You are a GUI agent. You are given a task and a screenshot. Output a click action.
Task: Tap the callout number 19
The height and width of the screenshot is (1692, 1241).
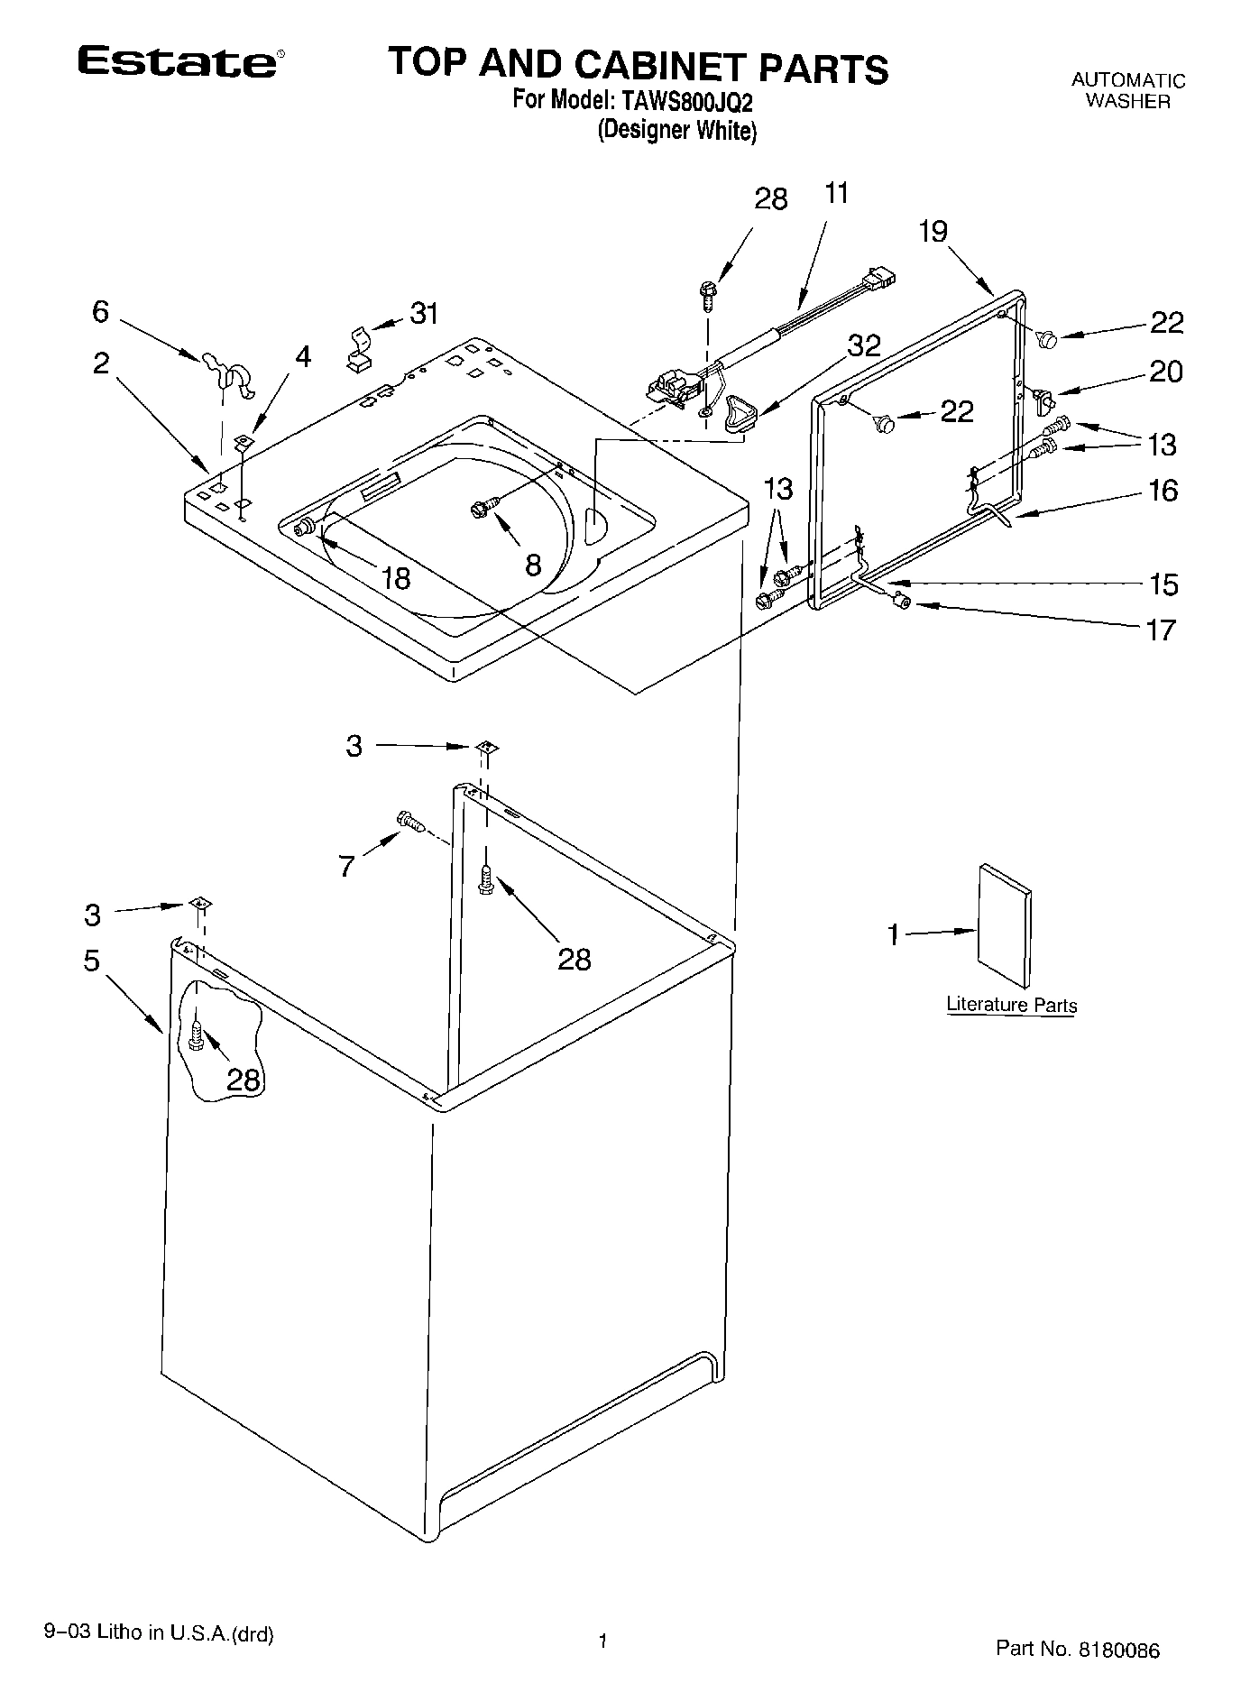click(933, 232)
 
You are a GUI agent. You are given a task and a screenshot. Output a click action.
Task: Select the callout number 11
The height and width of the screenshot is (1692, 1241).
click(836, 193)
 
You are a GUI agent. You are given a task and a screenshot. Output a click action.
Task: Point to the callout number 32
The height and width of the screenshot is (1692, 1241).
click(863, 345)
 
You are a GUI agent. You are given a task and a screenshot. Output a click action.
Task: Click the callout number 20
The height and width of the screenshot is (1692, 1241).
click(1165, 372)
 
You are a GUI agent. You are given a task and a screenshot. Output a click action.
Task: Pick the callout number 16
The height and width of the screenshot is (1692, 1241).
click(1163, 491)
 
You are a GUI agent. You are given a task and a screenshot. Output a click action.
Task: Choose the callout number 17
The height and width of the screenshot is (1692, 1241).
click(1162, 629)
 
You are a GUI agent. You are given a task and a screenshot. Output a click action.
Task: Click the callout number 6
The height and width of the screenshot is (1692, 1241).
click(100, 312)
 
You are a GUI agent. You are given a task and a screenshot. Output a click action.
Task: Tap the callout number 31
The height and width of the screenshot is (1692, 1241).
click(424, 314)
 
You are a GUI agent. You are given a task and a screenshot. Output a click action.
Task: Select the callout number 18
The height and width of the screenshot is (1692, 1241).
click(396, 578)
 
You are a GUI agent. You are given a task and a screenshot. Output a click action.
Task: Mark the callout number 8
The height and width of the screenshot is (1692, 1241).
click(533, 566)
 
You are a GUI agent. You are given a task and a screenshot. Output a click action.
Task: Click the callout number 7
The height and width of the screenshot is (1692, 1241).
click(347, 867)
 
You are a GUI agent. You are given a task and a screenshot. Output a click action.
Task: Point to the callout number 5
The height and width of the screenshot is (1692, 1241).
click(92, 961)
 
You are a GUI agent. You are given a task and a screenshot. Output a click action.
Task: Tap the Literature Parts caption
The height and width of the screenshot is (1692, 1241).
click(1011, 1005)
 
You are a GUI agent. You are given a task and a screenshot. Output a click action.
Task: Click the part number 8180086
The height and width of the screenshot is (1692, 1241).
click(1118, 1649)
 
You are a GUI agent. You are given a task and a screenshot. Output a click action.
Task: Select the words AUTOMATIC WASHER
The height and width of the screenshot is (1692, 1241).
click(1127, 91)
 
